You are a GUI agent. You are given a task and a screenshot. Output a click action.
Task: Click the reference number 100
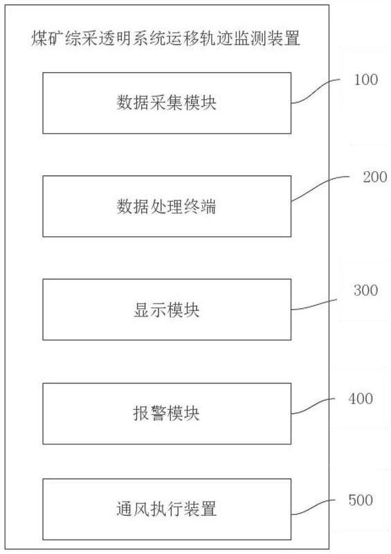tap(366, 80)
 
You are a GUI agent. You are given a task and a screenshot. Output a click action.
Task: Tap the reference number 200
tap(375, 177)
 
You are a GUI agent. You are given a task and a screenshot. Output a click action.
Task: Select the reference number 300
tap(366, 290)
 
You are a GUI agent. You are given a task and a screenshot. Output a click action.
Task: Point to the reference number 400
tap(361, 399)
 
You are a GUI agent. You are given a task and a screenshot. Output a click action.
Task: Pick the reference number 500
tap(361, 500)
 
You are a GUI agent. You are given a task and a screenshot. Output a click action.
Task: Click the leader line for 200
tap(319, 186)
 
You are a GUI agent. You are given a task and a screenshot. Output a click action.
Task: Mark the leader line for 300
tap(314, 305)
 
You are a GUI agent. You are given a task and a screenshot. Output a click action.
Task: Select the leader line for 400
tap(313, 406)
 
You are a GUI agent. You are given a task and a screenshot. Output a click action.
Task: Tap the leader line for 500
tap(313, 508)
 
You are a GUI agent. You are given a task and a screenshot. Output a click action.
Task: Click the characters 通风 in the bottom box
tap(133, 509)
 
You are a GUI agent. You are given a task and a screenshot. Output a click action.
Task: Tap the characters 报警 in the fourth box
tap(149, 413)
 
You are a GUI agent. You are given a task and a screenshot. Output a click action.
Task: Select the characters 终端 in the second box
tap(200, 206)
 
